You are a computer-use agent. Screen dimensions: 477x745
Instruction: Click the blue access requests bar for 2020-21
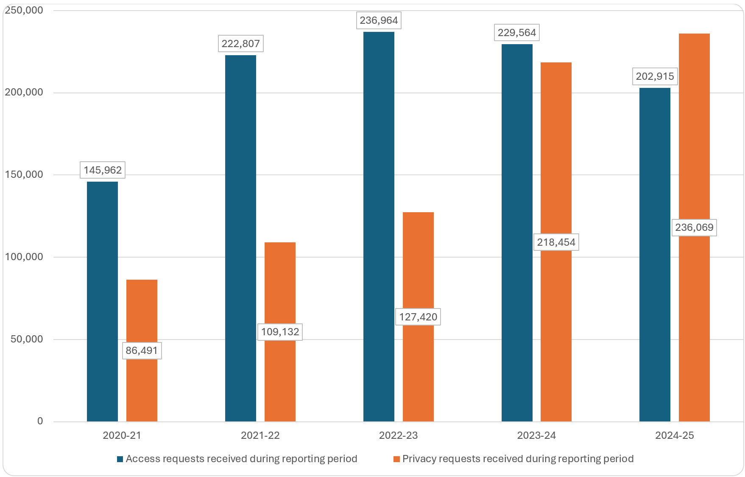point(102,301)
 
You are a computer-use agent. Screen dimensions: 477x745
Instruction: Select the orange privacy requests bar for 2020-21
point(142,314)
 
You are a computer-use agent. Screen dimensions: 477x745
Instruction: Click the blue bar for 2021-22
point(240,238)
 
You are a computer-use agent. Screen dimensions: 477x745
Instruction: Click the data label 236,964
point(379,20)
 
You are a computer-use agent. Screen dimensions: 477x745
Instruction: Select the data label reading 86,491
point(142,351)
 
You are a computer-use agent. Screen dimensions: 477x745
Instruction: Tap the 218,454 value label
point(556,242)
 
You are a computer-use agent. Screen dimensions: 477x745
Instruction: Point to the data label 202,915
point(655,76)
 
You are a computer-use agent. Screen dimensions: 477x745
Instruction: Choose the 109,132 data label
point(280,332)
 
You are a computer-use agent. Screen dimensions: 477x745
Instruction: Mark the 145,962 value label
point(103,170)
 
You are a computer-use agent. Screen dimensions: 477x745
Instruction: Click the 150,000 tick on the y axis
point(24,174)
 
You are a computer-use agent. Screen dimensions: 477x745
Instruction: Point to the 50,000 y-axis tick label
point(27,339)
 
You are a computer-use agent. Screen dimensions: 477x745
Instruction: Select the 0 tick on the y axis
point(40,421)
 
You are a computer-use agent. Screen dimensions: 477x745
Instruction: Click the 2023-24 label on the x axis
point(536,435)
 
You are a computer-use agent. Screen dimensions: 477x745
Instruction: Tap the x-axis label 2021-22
point(260,435)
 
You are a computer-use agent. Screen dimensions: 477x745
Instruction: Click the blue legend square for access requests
point(120,459)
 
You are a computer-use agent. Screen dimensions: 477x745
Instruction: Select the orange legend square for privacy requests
point(396,459)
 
